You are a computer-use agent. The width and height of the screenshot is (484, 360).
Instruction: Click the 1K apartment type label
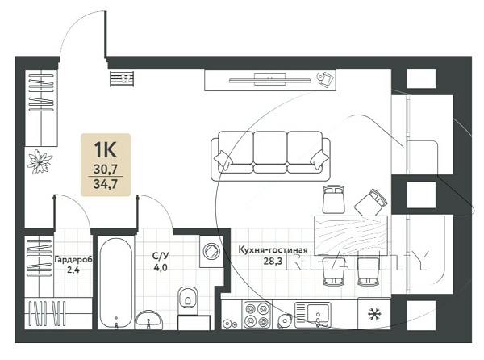[x=105, y=150]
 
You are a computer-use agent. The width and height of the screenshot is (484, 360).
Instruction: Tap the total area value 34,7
[x=106, y=184]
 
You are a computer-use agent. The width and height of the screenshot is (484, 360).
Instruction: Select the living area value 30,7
[x=106, y=170]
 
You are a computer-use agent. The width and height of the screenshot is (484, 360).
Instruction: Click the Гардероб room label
[x=73, y=260]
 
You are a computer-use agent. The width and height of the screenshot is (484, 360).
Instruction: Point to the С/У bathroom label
[x=161, y=256]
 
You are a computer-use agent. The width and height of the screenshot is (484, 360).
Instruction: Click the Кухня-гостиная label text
[x=273, y=249]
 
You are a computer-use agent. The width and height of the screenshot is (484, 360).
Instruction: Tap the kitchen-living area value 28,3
[x=273, y=262]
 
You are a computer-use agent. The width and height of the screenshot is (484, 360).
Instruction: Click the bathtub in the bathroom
[x=116, y=283]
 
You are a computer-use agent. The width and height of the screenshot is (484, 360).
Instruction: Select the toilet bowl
[x=188, y=298]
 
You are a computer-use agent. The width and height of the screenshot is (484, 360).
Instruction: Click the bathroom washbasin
[x=148, y=320]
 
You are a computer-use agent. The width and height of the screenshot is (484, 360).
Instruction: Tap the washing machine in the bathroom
[x=211, y=251]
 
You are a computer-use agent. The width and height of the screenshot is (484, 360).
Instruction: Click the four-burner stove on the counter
[x=256, y=315]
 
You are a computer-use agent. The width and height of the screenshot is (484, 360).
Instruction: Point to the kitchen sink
[x=313, y=315]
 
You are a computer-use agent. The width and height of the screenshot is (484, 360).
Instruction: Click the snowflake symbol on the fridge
[x=374, y=314]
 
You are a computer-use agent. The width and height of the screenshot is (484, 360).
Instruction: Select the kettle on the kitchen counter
[x=285, y=321]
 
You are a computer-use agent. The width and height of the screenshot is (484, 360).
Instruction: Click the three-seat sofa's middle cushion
[x=270, y=147]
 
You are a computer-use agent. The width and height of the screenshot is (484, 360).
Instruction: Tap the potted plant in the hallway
[x=40, y=161]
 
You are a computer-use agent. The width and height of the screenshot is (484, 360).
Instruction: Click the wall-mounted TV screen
[x=269, y=80]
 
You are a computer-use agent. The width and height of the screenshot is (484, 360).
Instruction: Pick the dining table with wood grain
[x=351, y=235]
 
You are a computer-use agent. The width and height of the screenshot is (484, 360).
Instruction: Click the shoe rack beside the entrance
[x=122, y=78]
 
